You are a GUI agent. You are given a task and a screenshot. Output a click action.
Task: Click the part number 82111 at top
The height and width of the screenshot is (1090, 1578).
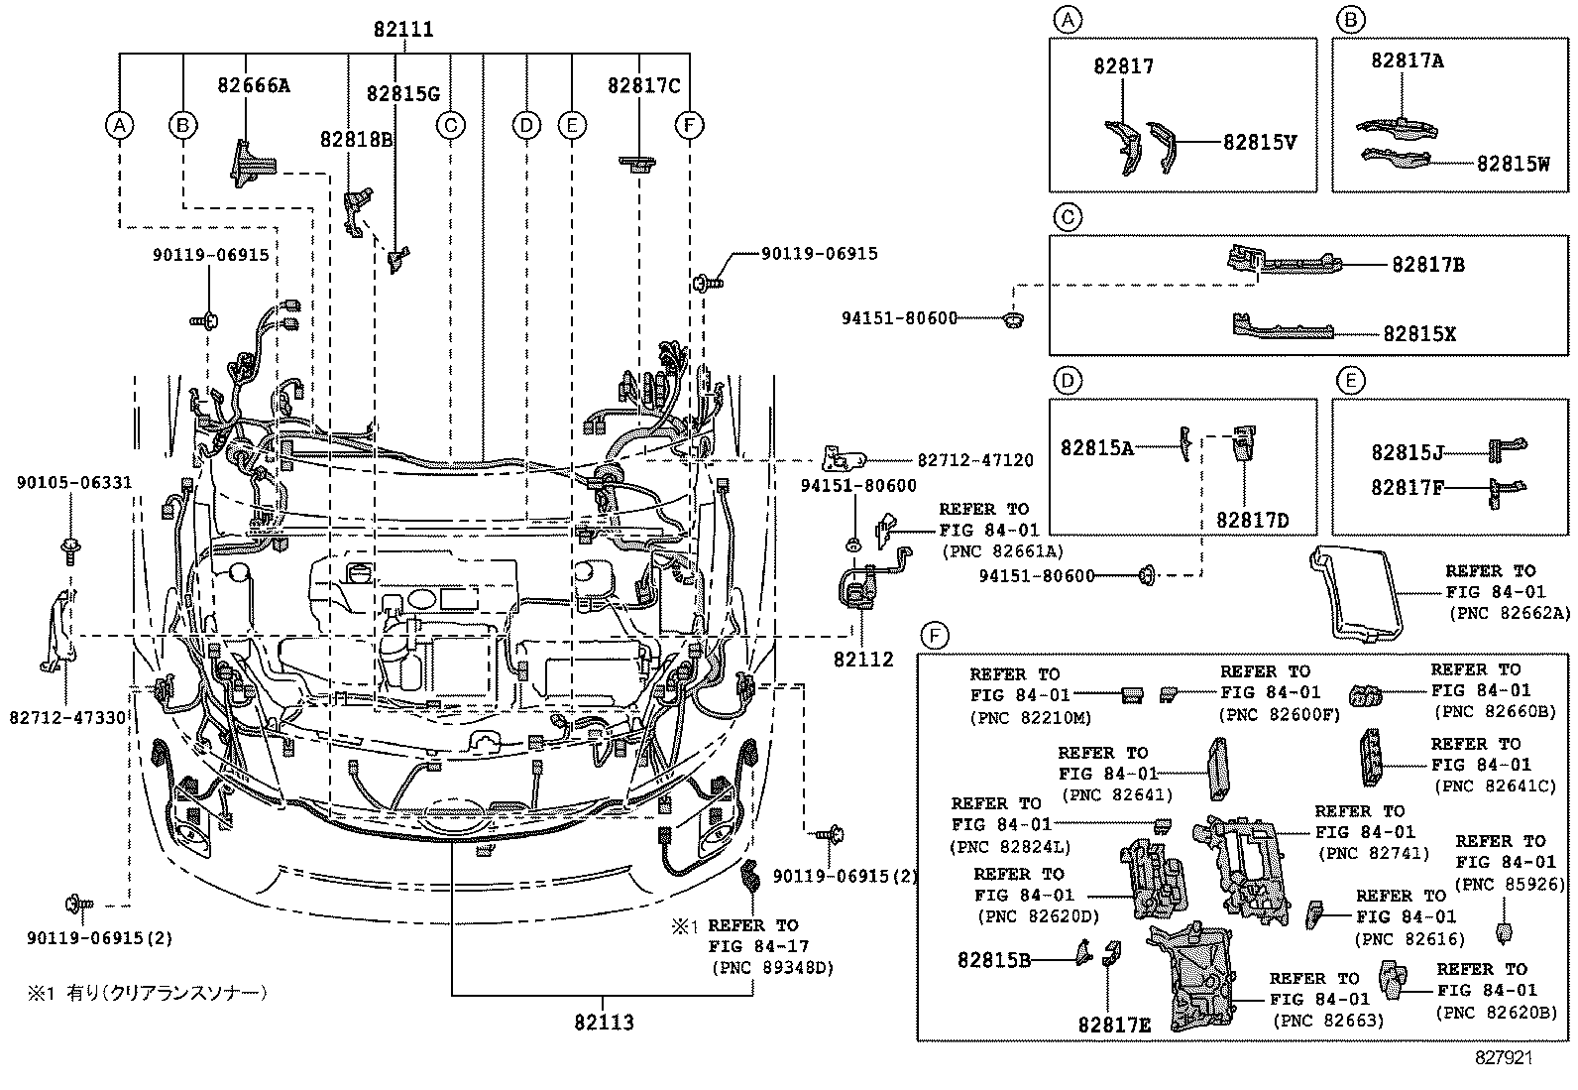coord(403,30)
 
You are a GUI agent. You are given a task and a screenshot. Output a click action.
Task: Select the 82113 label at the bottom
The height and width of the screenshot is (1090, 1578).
coord(603,1022)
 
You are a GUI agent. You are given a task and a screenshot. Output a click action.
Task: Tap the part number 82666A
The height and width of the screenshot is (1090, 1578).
coord(254,85)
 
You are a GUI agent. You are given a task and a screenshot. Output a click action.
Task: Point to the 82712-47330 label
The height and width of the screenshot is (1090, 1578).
coord(67,717)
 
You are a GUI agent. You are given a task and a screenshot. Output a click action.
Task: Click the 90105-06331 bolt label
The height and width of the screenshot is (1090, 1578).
coord(73,483)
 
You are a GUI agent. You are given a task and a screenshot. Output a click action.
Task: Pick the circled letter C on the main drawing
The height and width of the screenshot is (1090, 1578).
coord(450,125)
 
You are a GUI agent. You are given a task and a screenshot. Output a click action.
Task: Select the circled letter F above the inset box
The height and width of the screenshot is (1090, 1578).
coord(934,635)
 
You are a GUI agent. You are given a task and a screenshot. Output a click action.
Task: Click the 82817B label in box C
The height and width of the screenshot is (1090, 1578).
coord(1427,265)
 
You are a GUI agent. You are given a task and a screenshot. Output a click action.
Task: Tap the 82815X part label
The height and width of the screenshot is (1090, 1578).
coord(1419,333)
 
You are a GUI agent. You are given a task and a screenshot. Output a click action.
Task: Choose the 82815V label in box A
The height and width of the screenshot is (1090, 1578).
coord(1259,142)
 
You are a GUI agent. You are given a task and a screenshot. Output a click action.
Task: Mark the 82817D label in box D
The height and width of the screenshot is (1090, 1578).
coord(1253,519)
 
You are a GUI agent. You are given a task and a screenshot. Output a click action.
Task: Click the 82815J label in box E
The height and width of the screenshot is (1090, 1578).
coord(1407,452)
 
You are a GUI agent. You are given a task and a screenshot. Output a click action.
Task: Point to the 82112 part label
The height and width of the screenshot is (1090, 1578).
coord(862,660)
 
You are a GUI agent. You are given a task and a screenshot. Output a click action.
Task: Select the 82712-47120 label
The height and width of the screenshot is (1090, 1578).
coord(974,460)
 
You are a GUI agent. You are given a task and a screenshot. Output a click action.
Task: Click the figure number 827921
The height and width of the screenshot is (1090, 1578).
coord(1503,1058)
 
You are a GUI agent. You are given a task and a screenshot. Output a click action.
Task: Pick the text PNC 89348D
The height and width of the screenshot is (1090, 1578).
coord(771,968)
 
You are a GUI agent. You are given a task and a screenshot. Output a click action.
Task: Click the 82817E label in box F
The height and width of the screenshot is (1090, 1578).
coord(1115,1025)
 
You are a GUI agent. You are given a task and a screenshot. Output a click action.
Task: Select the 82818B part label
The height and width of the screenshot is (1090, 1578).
coord(356,139)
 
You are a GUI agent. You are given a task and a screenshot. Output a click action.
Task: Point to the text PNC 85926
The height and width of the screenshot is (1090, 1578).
coord(1511,885)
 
